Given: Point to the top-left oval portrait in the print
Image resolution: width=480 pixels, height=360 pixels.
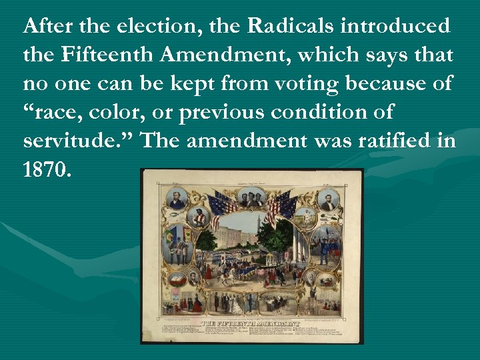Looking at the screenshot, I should pos(177,198).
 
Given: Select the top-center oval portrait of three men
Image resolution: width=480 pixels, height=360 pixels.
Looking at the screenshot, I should pos(253,197).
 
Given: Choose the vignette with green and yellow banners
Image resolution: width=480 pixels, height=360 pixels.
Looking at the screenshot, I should pos(177,241).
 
